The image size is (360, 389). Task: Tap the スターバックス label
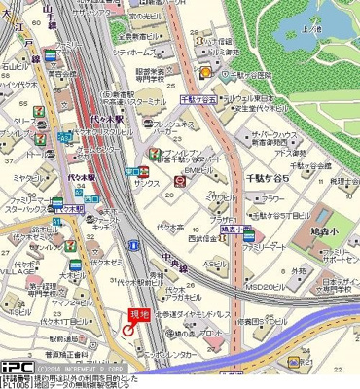[x=26, y=206]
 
